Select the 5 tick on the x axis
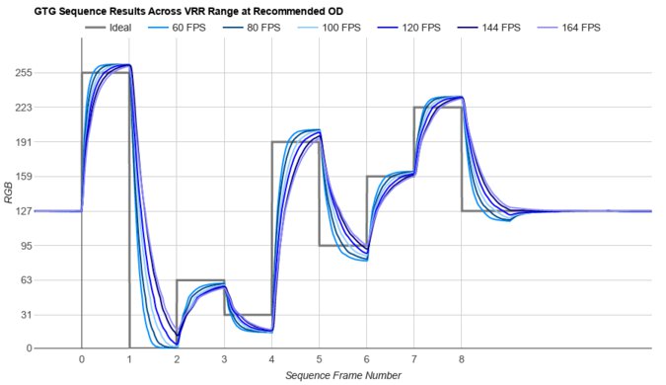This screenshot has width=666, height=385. (x=319, y=360)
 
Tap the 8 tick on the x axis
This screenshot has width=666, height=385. (x=462, y=360)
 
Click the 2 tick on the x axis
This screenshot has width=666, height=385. (x=177, y=360)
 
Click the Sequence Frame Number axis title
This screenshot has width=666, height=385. (x=343, y=376)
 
